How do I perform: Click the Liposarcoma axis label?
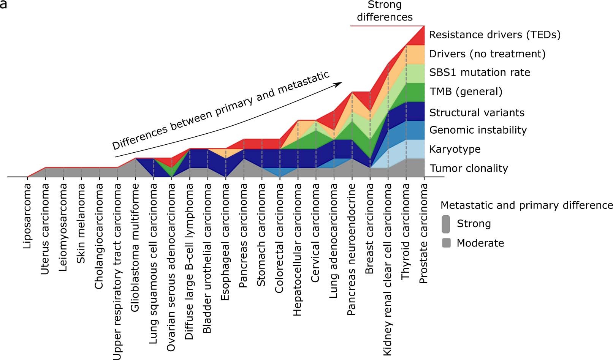click(27, 216)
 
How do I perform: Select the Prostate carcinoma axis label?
click(423, 234)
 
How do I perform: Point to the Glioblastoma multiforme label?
click(135, 248)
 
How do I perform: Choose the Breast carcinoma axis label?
click(369, 229)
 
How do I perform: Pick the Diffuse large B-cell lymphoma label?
click(189, 262)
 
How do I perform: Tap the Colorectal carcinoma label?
click(279, 238)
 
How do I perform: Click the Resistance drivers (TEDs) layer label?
click(494, 35)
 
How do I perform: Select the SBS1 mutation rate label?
click(479, 73)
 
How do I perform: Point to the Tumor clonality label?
click(469, 168)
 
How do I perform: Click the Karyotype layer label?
click(455, 149)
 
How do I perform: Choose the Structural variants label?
click(477, 113)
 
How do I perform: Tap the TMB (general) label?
click(466, 92)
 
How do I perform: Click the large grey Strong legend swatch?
click(446, 224)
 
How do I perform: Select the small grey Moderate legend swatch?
click(447, 243)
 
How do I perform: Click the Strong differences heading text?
click(385, 11)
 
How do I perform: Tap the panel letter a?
click(3, 5)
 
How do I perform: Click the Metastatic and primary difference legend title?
click(526, 205)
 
